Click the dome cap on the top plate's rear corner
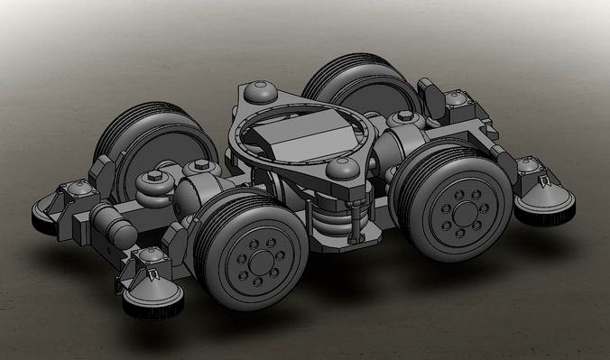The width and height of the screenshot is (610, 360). (x=260, y=89)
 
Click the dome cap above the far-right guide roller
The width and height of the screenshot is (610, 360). (x=527, y=164)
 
